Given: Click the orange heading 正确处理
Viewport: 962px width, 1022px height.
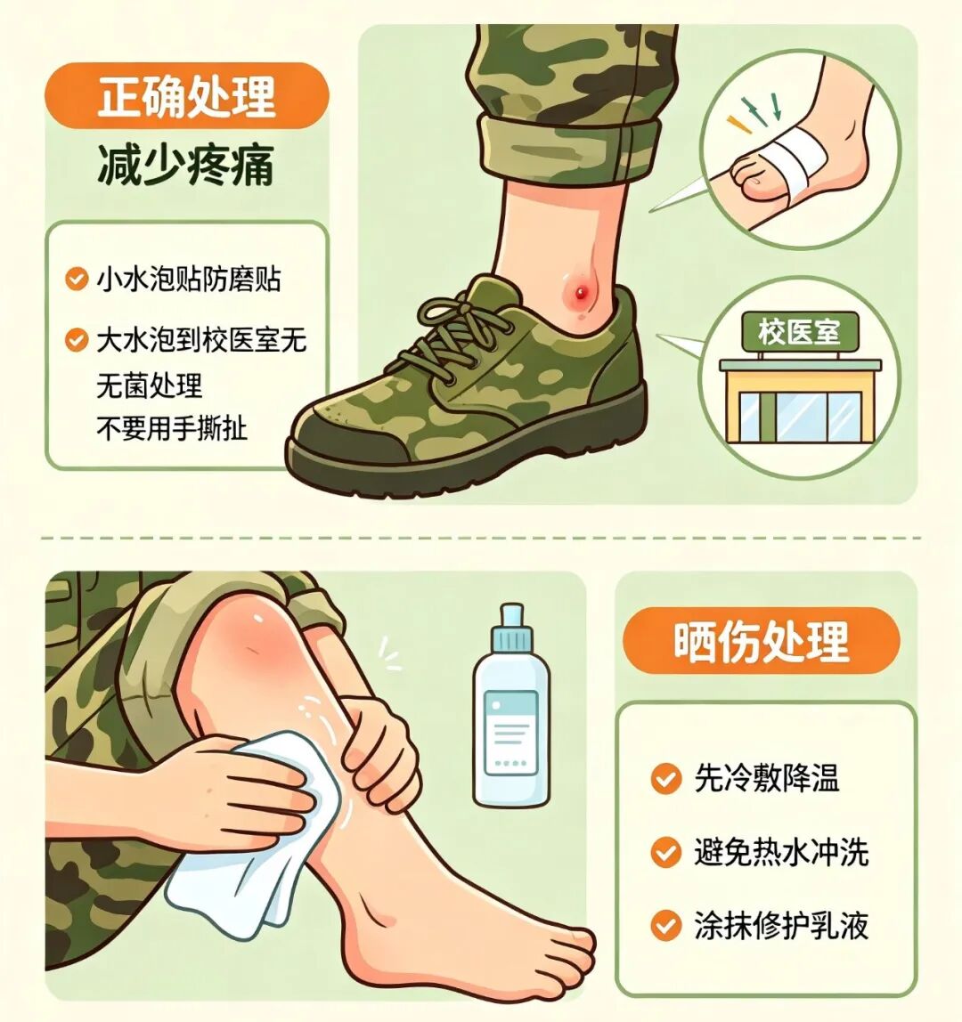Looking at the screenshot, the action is pyautogui.click(x=187, y=96).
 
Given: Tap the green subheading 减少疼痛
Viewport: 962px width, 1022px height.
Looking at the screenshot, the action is pyautogui.click(x=186, y=165).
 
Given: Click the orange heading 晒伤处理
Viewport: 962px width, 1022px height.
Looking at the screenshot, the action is pyautogui.click(x=761, y=641).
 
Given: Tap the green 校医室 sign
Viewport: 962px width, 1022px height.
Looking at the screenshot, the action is pyautogui.click(x=799, y=332).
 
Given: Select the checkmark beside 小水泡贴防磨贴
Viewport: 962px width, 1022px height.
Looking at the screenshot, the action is pyautogui.click(x=77, y=279).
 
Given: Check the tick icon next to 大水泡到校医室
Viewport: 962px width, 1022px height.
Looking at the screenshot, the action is pyautogui.click(x=77, y=339).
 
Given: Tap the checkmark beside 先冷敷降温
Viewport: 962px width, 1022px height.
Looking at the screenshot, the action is pyautogui.click(x=666, y=779).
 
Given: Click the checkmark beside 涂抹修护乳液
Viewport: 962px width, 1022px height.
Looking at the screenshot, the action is pyautogui.click(x=666, y=926).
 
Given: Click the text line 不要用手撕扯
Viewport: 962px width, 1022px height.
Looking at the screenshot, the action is pyautogui.click(x=172, y=428).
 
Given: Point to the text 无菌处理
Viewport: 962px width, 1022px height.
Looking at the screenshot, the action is pyautogui.click(x=150, y=385).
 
